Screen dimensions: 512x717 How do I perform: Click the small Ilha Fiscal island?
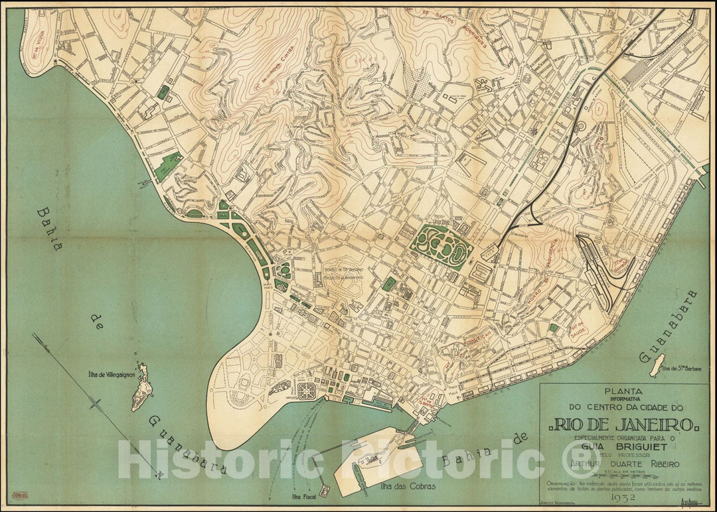[x=323, y=489]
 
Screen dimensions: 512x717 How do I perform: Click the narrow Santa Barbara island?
[x=657, y=364]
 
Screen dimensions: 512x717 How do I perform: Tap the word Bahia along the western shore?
[x=48, y=229]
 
